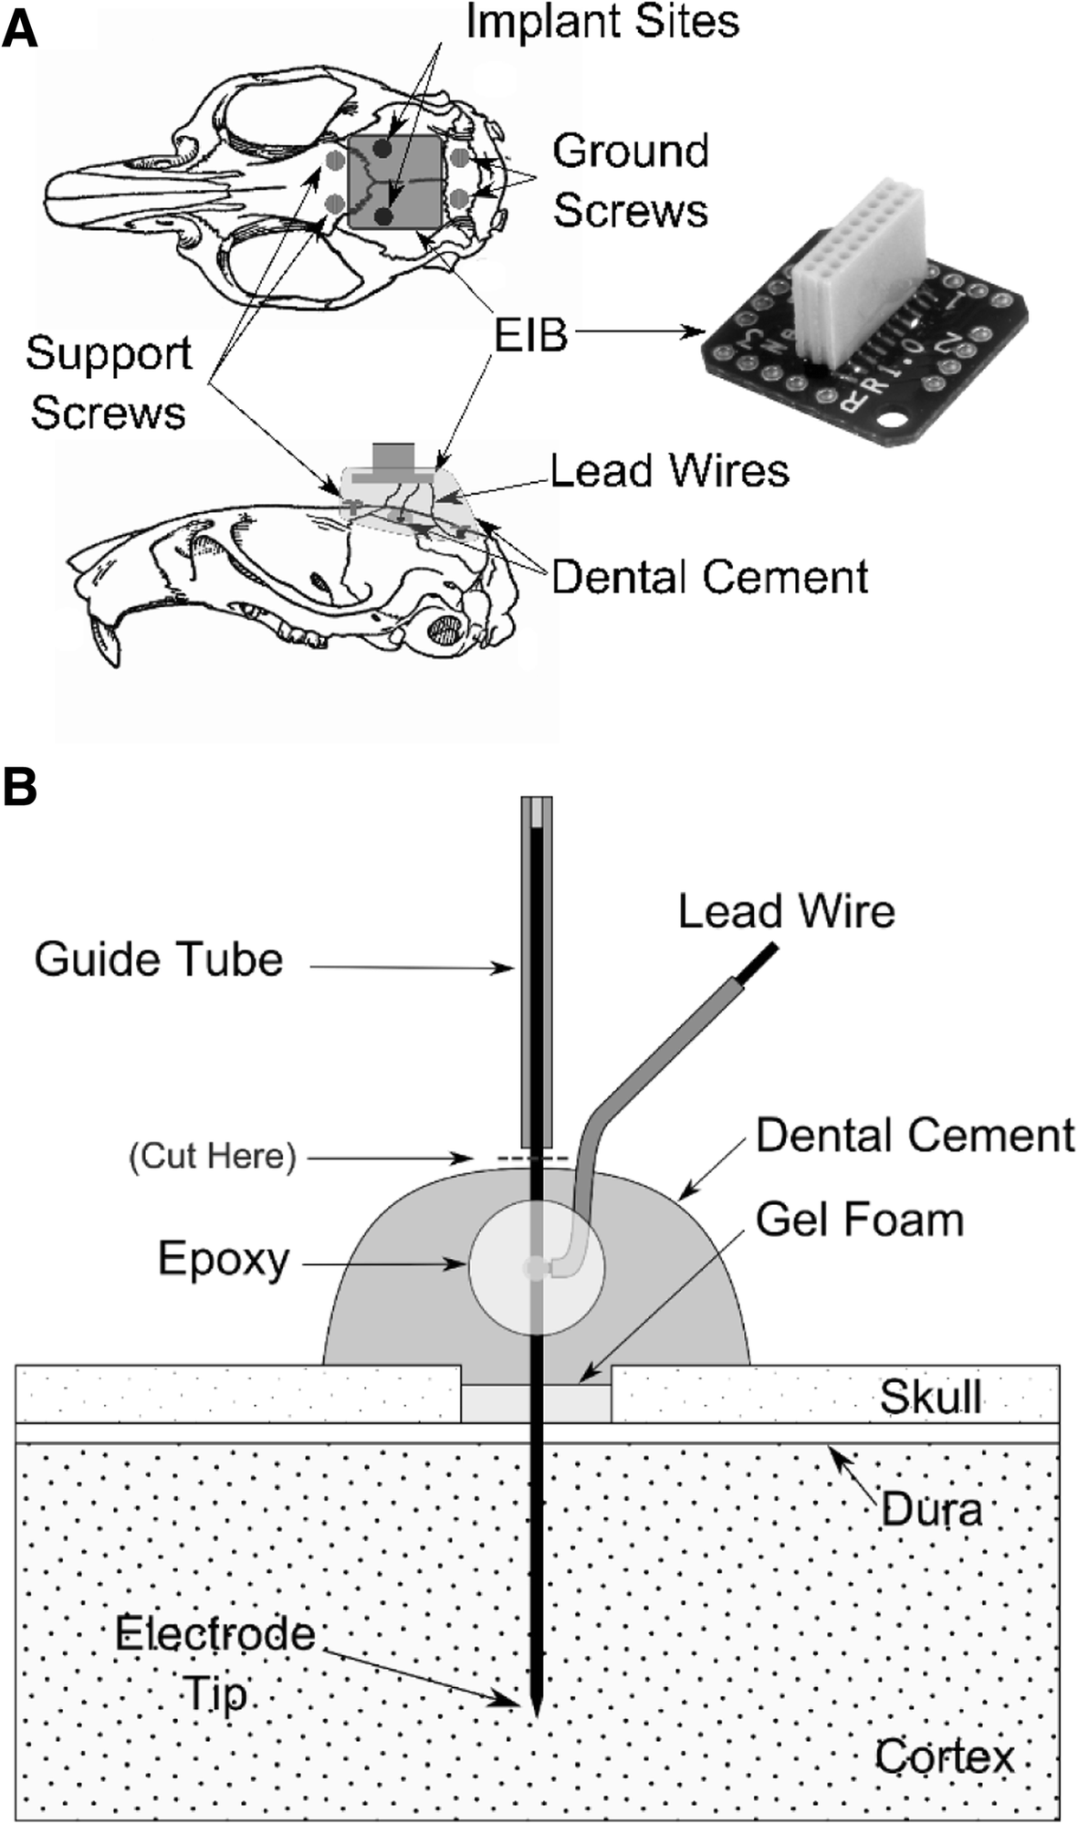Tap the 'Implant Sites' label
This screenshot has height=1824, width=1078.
[x=602, y=22]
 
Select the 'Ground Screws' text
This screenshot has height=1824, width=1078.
[x=631, y=180]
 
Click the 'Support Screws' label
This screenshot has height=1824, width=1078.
[x=108, y=382]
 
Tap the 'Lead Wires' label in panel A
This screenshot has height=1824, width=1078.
[x=669, y=471]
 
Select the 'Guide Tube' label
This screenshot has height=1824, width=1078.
[x=159, y=959]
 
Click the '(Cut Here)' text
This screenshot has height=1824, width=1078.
[x=213, y=1157]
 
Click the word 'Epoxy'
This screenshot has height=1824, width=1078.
[x=224, y=1259]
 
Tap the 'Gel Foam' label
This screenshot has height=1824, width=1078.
[x=859, y=1220]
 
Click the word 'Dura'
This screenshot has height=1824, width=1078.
[x=931, y=1509]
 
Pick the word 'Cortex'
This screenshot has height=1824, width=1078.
[x=944, y=1756]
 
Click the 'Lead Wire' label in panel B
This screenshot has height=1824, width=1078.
[x=786, y=912]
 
